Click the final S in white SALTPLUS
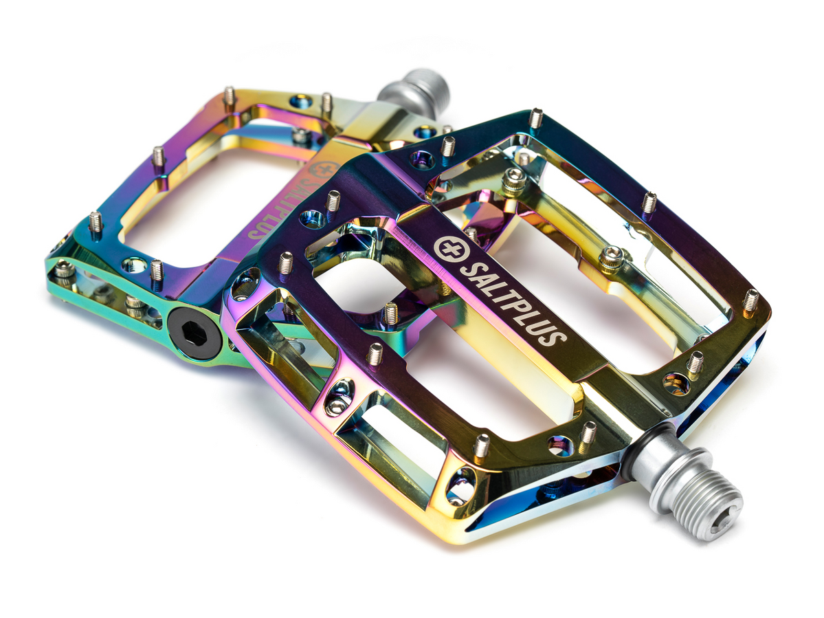click(557, 335)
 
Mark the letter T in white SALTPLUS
click(503, 289)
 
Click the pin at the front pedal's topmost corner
click(536, 118)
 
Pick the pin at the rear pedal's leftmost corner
click(96, 221)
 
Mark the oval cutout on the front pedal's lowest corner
click(460, 486)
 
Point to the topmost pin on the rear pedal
click(229, 96)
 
